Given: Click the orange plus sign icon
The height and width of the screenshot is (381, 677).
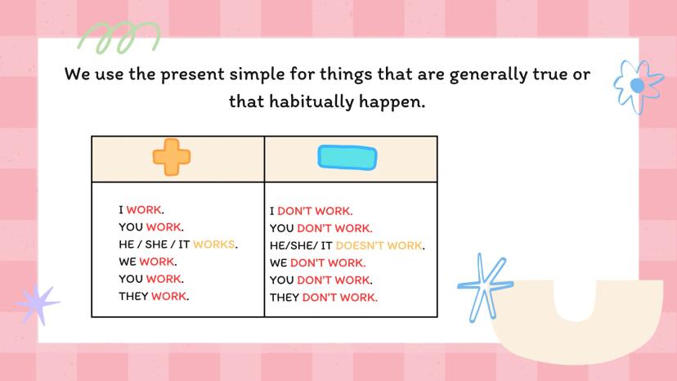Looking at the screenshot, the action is coord(172,157).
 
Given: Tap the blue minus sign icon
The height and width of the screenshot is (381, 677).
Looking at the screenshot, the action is coord(347,158).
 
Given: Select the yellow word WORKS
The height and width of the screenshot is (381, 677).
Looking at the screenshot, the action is coord(214,244).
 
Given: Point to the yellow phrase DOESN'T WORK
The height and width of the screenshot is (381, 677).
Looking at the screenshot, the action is coord(379,246).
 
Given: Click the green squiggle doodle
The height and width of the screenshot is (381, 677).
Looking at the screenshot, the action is coord(119,38).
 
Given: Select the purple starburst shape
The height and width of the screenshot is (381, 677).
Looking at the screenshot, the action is coord(37,304).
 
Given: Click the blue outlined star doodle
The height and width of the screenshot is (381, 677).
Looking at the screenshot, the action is coord(486,286).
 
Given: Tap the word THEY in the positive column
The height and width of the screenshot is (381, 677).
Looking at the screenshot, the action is coord(133,296).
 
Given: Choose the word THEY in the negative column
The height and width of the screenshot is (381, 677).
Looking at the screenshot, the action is coord(285,298).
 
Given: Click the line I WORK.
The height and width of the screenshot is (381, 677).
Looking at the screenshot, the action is coord(141,210).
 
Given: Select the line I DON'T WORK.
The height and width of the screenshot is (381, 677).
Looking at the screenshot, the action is coord(312,211).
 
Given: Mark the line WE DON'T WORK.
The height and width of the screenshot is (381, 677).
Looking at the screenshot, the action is coord(318,263).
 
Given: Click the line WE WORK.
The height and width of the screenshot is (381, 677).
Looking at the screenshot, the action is coord(148,262).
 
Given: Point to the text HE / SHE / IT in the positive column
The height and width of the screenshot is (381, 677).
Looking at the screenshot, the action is coord(155,244).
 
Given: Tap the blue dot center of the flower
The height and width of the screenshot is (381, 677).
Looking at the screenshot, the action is coord(637,86).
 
